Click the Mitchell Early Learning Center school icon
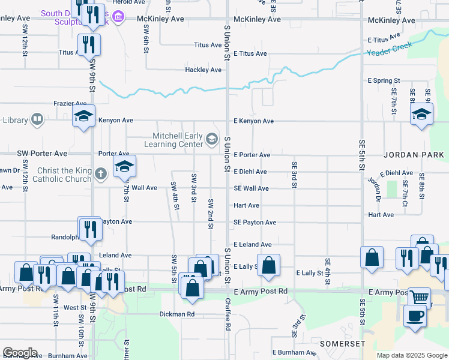click(211, 139)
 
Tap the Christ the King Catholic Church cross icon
click(101, 173)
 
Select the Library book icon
click(37, 120)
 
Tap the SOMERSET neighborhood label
click(342, 343)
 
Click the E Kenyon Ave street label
click(253, 121)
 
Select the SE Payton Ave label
click(255, 223)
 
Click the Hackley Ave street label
click(203, 70)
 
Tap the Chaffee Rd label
click(228, 315)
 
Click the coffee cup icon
click(414, 316)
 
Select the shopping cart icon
click(420, 296)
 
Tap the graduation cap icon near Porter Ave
click(124, 167)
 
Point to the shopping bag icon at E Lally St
click(268, 264)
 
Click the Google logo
click(20, 353)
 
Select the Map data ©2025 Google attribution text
click(411, 355)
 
